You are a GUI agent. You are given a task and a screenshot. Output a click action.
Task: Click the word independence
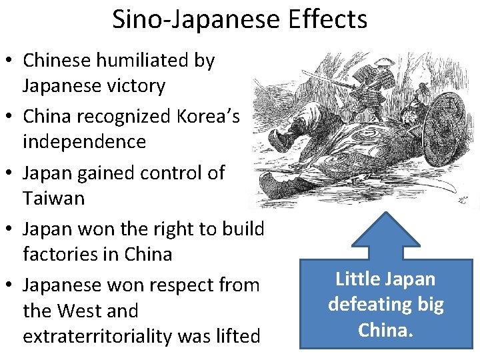(x=84, y=141)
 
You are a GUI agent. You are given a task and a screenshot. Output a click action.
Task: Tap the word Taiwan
(x=53, y=198)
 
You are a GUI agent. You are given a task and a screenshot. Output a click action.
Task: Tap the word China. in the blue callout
(x=385, y=329)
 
